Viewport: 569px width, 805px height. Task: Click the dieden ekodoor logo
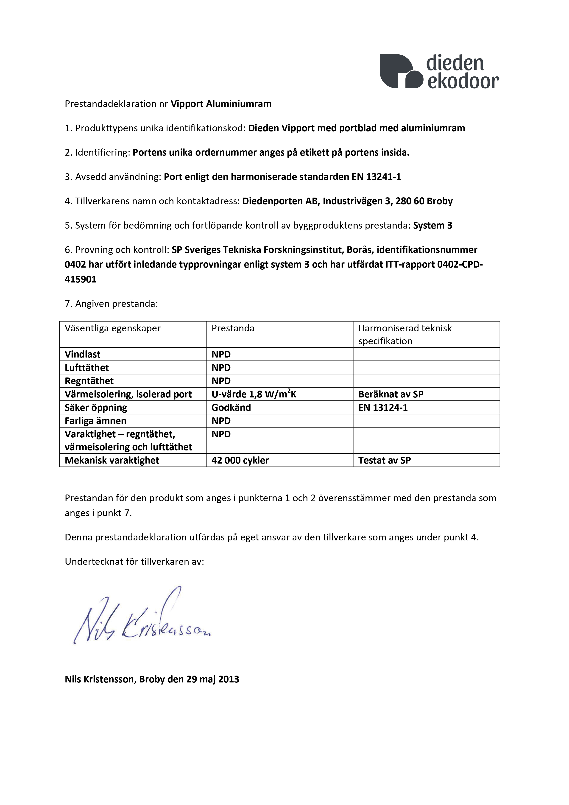point(439,71)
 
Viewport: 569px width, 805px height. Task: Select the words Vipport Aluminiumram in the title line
point(221,104)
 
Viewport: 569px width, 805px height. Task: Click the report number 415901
point(80,280)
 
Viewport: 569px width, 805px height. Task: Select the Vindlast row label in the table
point(82,355)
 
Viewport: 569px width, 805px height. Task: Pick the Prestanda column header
point(233,329)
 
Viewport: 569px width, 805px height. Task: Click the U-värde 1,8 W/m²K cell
point(254,394)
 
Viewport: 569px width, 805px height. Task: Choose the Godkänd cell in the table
point(231,408)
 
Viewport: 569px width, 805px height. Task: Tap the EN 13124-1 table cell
point(383,408)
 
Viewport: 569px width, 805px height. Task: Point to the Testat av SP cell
point(384,461)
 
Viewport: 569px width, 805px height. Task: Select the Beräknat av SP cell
point(390,394)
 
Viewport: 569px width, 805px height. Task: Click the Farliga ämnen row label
point(95,421)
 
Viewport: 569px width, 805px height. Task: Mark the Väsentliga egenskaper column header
point(112,329)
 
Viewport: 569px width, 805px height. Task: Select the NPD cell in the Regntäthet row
point(221,381)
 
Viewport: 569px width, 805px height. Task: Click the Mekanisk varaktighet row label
point(112,461)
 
